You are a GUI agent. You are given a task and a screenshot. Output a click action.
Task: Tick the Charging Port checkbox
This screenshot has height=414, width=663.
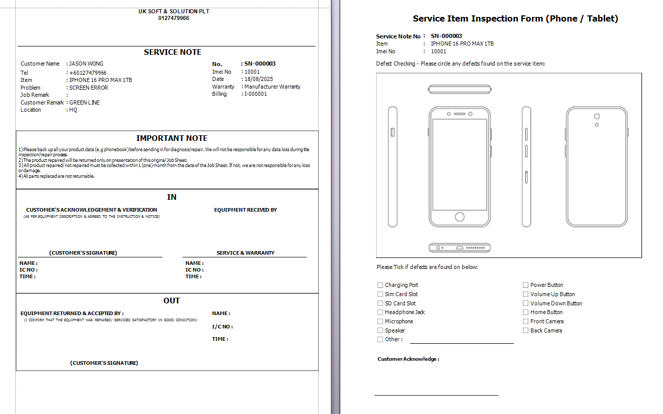tap(380, 285)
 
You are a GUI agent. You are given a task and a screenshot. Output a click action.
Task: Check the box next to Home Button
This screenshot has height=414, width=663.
tap(526, 312)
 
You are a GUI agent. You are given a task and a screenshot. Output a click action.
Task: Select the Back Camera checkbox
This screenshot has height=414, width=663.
tap(526, 330)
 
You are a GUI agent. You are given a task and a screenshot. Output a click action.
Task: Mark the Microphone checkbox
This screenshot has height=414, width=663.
tap(380, 321)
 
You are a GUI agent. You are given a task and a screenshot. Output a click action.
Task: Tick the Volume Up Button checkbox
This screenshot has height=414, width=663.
tap(526, 294)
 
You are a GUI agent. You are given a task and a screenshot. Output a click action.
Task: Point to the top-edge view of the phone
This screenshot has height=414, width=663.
tap(460, 89)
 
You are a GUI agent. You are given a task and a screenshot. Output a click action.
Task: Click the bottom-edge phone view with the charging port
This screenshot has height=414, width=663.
tap(460, 248)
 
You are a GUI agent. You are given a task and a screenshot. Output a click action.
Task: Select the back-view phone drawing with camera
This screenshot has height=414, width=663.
tap(597, 167)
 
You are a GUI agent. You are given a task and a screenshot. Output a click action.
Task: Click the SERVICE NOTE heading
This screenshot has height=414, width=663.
tap(173, 52)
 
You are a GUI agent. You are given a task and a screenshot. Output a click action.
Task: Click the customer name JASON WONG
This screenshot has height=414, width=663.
tap(86, 64)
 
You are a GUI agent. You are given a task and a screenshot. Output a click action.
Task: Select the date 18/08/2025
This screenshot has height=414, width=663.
tap(259, 79)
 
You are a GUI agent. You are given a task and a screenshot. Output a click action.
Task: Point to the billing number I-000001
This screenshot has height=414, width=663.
tap(256, 94)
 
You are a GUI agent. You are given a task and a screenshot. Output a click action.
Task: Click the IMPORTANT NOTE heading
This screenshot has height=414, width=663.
tap(172, 138)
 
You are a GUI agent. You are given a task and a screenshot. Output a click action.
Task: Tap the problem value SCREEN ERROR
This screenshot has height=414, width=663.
tap(89, 88)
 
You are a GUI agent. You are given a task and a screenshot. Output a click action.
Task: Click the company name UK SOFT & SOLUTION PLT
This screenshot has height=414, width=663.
tap(174, 11)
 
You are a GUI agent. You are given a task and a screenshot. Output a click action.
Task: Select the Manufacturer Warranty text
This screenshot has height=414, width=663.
tap(273, 87)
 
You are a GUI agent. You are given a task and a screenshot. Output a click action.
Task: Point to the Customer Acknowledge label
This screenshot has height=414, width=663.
tap(408, 359)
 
